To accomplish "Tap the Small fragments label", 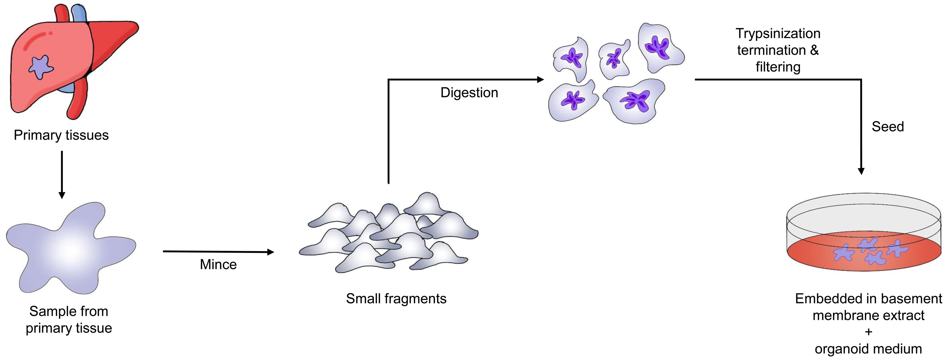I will tap(396, 299).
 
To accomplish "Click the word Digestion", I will tap(469, 93).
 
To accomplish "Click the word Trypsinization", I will tap(778, 33).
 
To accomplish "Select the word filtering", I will tap(778, 67).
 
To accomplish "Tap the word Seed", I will tap(887, 126).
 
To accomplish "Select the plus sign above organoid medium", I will tap(868, 332).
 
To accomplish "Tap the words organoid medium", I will tap(868, 349).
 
